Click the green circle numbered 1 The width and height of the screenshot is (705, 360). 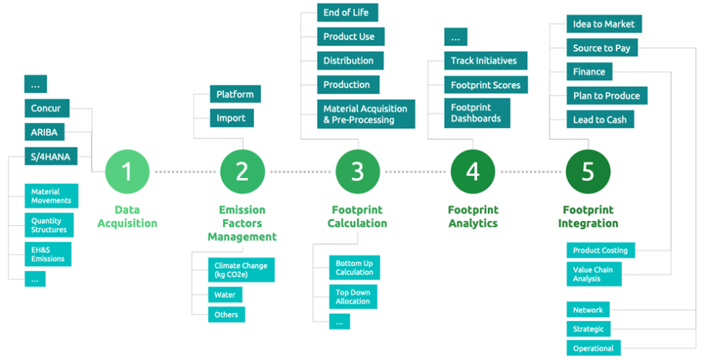tap(127, 172)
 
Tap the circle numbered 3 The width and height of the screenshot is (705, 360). tap(358, 172)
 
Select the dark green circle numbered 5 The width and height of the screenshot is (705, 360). tap(588, 172)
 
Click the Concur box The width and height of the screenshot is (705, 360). tap(47, 108)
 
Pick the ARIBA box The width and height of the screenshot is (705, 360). tap(44, 133)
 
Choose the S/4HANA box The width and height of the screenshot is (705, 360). tap(51, 156)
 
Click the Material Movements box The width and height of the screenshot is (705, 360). tap(52, 196)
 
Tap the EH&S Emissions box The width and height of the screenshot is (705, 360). tap(48, 254)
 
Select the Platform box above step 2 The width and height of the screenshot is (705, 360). tap(235, 94)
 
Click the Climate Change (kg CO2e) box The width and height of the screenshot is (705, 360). tap(241, 270)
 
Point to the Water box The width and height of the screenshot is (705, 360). tap(224, 294)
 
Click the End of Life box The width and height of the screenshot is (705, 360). tap(347, 13)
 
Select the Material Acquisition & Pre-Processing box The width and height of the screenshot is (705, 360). tap(366, 114)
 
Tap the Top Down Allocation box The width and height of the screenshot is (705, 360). tap(353, 297)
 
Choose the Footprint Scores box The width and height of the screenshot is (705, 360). tap(486, 85)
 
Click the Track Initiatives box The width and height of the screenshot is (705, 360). tap(486, 61)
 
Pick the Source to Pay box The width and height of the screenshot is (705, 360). tap(601, 48)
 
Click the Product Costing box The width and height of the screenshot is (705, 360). tap(601, 250)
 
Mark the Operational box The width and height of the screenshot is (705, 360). tap(593, 347)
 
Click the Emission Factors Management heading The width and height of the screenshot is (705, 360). tap(242, 223)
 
